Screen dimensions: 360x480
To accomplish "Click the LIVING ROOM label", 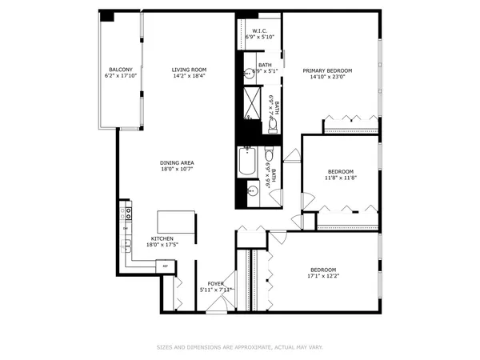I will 189,70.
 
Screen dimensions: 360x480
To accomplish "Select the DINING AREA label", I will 177,162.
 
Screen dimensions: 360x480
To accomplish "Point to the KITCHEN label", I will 163,239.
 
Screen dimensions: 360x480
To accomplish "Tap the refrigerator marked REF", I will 165,265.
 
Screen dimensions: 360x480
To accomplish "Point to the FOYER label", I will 216,283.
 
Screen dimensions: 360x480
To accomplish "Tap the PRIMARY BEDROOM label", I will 327,70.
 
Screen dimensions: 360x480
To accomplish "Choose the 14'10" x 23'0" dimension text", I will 327,77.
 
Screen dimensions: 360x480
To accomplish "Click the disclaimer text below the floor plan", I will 239,348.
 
